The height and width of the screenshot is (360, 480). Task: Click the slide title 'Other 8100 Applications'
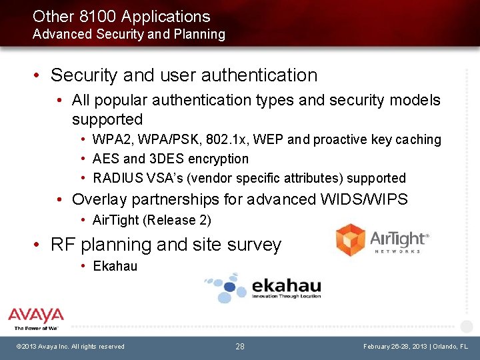pos(121,17)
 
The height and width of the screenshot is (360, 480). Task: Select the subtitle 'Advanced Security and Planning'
pos(129,34)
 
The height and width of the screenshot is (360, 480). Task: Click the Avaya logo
pos(36,319)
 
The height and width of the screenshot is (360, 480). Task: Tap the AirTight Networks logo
pos(382,241)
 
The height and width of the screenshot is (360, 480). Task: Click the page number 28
pos(240,347)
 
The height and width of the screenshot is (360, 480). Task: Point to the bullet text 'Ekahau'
pos(115,267)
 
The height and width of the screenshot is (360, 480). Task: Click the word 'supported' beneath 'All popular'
pos(107,120)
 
